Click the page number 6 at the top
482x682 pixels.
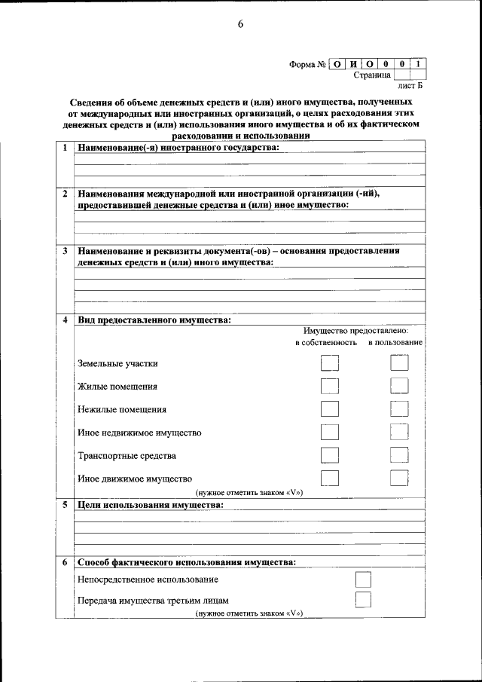[241, 24]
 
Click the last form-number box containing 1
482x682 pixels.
[419, 65]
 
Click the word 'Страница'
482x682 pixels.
[372, 76]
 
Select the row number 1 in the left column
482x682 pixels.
[65, 148]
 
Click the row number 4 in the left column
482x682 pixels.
[65, 320]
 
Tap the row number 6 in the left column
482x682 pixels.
[65, 563]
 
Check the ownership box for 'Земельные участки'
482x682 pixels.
[329, 363]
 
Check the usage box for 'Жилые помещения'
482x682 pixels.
[399, 387]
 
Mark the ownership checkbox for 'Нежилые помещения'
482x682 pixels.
[329, 410]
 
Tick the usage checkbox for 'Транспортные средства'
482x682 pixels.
[399, 455]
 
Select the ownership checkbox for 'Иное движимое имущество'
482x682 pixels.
[329, 478]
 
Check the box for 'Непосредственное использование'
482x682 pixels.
[363, 580]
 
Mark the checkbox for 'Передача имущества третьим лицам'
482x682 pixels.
[363, 600]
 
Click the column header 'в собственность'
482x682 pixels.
[325, 343]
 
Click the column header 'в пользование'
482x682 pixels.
[395, 343]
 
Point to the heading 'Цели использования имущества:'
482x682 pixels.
[150, 504]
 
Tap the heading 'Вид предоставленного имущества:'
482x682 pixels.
[154, 320]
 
